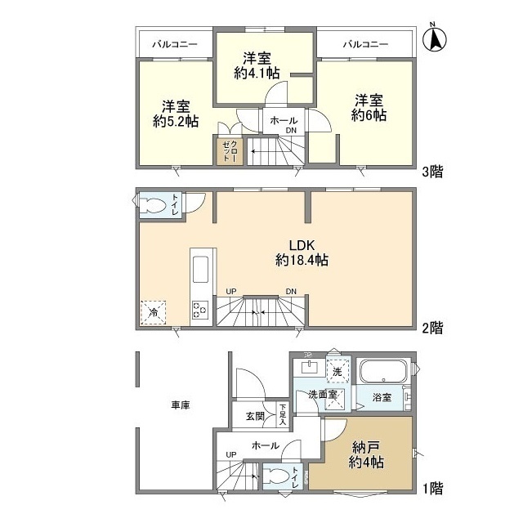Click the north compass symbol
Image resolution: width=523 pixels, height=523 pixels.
(x=435, y=38)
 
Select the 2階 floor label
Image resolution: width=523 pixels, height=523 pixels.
(x=432, y=329)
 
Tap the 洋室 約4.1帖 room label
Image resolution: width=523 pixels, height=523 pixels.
(x=257, y=65)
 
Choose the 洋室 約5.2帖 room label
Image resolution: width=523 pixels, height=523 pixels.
(x=176, y=114)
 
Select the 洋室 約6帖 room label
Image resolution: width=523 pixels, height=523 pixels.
(x=369, y=107)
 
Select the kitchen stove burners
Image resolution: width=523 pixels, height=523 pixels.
(x=200, y=308)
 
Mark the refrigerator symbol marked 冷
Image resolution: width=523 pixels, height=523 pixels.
(x=154, y=311)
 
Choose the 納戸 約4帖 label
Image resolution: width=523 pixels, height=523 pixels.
(x=369, y=454)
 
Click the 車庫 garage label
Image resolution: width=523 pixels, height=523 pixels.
(x=181, y=405)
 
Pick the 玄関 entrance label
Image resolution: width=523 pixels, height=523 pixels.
(x=254, y=416)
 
